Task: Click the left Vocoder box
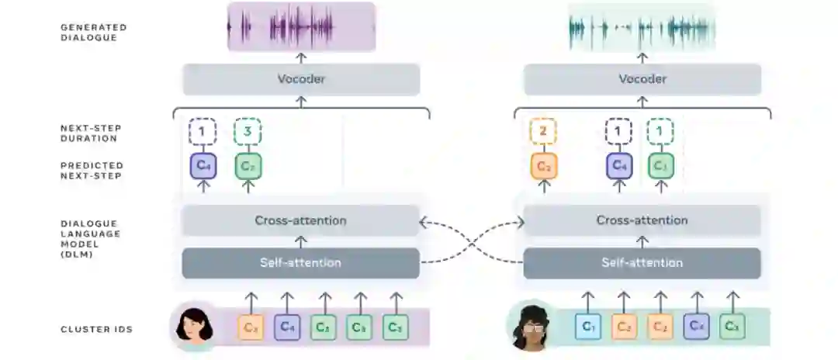click(x=301, y=79)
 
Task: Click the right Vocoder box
click(x=642, y=79)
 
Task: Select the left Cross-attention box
click(x=301, y=220)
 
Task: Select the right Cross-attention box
click(x=642, y=220)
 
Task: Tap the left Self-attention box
click(x=301, y=262)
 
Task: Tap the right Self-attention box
click(x=642, y=262)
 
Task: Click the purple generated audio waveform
click(x=301, y=27)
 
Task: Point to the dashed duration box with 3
click(x=248, y=132)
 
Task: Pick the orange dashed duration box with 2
click(x=543, y=132)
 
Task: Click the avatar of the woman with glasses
click(x=531, y=326)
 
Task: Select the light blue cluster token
click(x=588, y=327)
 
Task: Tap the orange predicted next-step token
click(x=543, y=165)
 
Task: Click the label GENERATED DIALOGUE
click(x=93, y=32)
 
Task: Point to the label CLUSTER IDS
click(x=96, y=329)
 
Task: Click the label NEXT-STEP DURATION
click(x=91, y=133)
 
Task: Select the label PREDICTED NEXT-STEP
click(x=92, y=170)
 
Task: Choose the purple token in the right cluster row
click(x=696, y=327)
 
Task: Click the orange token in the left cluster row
click(x=251, y=327)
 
